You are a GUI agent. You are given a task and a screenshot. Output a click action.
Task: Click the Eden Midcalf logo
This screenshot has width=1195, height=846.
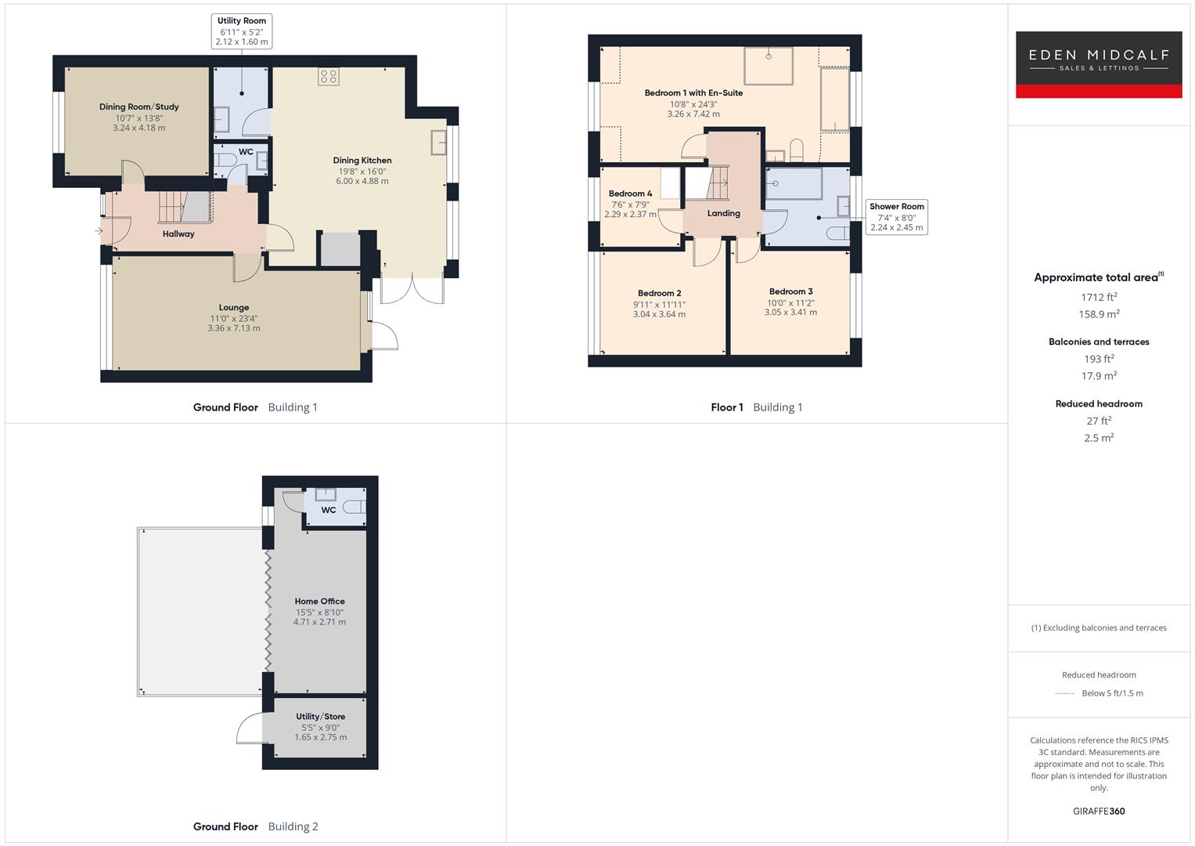(x=1098, y=64)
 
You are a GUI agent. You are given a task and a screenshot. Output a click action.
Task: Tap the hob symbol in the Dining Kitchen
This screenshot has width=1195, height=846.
(x=329, y=76)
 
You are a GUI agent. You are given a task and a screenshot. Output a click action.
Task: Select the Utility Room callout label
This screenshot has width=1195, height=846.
(x=242, y=31)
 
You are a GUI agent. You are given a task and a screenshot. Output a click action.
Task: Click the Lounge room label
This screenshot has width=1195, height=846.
(x=234, y=308)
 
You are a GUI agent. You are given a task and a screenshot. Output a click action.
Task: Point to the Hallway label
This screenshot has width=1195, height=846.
(x=178, y=234)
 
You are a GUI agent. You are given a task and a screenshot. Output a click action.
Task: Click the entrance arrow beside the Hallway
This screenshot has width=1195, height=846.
(x=99, y=231)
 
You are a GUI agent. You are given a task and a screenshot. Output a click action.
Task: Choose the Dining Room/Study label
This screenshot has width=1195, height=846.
(x=139, y=107)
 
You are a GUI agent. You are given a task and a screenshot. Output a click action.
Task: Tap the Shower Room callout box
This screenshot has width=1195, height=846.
(x=897, y=217)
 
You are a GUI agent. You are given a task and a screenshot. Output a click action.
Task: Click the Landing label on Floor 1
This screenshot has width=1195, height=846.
(x=723, y=213)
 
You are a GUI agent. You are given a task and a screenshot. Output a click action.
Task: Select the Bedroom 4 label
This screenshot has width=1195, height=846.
(x=630, y=193)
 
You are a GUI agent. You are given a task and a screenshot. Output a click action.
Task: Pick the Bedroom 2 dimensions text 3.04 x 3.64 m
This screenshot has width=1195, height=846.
(x=659, y=315)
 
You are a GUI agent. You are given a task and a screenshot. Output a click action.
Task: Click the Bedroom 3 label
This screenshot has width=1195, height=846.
(x=790, y=291)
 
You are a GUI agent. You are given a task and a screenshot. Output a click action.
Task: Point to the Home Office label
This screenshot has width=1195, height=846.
(x=319, y=602)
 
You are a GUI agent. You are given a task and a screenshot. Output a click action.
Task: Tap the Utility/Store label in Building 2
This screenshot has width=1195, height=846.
(x=320, y=717)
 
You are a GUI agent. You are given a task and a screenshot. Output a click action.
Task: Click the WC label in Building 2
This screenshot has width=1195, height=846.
(x=329, y=510)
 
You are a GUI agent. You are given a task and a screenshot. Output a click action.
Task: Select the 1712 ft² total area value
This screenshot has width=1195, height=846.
(x=1099, y=297)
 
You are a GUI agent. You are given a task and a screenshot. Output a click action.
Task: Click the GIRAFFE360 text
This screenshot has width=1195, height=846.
(x=1099, y=812)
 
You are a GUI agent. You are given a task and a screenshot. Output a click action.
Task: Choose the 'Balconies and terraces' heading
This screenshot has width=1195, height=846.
(x=1099, y=342)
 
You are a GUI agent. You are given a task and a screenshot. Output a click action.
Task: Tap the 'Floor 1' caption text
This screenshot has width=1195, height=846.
(x=727, y=407)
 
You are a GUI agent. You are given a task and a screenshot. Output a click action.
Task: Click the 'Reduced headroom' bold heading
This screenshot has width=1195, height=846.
(x=1099, y=404)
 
